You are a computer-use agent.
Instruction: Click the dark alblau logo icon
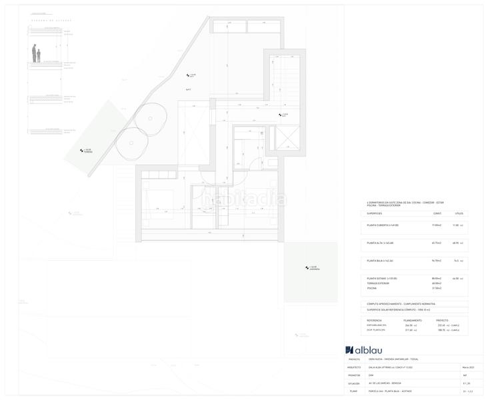tap(349, 350)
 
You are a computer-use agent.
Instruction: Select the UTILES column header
tap(459, 213)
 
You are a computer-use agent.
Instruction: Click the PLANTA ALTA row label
tap(380, 243)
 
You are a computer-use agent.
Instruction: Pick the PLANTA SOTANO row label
tap(382, 278)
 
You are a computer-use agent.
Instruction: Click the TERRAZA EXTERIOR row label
tap(377, 283)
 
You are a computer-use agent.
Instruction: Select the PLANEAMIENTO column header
tap(413, 320)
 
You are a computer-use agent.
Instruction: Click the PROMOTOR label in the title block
tap(353, 375)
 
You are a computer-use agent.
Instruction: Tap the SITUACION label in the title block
tap(353, 383)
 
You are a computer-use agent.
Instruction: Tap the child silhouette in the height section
tap(39, 55)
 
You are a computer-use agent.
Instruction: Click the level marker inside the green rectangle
tap(307, 267)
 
